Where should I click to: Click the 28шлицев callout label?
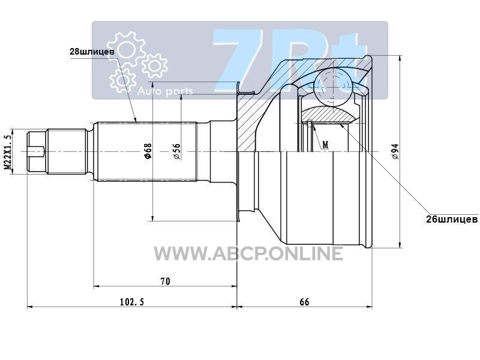[x=92, y=52]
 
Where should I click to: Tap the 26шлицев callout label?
[x=452, y=219]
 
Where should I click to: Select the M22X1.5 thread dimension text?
[x=8, y=152]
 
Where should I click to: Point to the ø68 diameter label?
[x=148, y=151]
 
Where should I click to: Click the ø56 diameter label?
[x=176, y=151]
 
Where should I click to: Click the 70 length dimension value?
[x=166, y=281]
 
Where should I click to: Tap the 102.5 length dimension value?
[x=131, y=302]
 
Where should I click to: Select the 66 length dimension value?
[x=304, y=302]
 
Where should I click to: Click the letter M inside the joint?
[x=325, y=145]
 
